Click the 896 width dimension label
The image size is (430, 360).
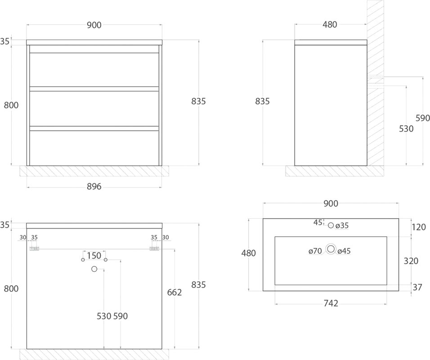click(x=94, y=187)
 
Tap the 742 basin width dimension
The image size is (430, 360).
click(x=331, y=303)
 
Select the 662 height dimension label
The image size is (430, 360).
click(x=175, y=292)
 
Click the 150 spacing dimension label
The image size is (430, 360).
click(x=94, y=256)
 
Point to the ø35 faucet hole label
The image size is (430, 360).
click(x=342, y=225)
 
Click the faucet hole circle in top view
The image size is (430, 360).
click(x=331, y=225)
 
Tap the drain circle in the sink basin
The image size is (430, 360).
click(x=331, y=249)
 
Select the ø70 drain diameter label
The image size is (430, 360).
click(x=315, y=251)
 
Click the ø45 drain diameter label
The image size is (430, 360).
click(x=344, y=251)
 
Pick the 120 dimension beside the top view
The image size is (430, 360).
click(x=419, y=227)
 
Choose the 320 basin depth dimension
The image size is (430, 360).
click(x=411, y=261)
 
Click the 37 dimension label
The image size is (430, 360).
click(x=417, y=287)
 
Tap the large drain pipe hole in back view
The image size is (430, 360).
click(x=94, y=269)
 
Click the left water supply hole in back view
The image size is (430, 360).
click(x=83, y=260)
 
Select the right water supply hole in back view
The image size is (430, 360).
click(x=106, y=260)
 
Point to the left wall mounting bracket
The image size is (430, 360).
click(x=34, y=248)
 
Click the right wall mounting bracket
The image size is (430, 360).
click(x=154, y=248)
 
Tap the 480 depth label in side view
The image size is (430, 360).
click(x=330, y=25)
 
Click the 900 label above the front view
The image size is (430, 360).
click(x=94, y=25)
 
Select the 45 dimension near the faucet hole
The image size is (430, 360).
click(x=318, y=223)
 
